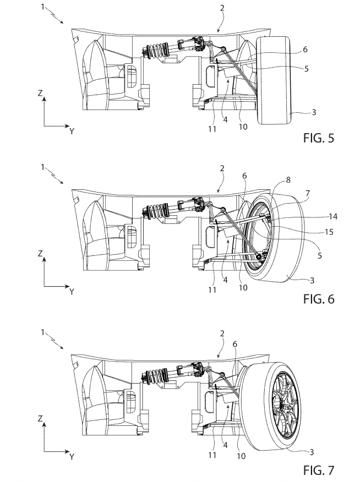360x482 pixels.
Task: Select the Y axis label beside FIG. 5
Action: tap(72, 131)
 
